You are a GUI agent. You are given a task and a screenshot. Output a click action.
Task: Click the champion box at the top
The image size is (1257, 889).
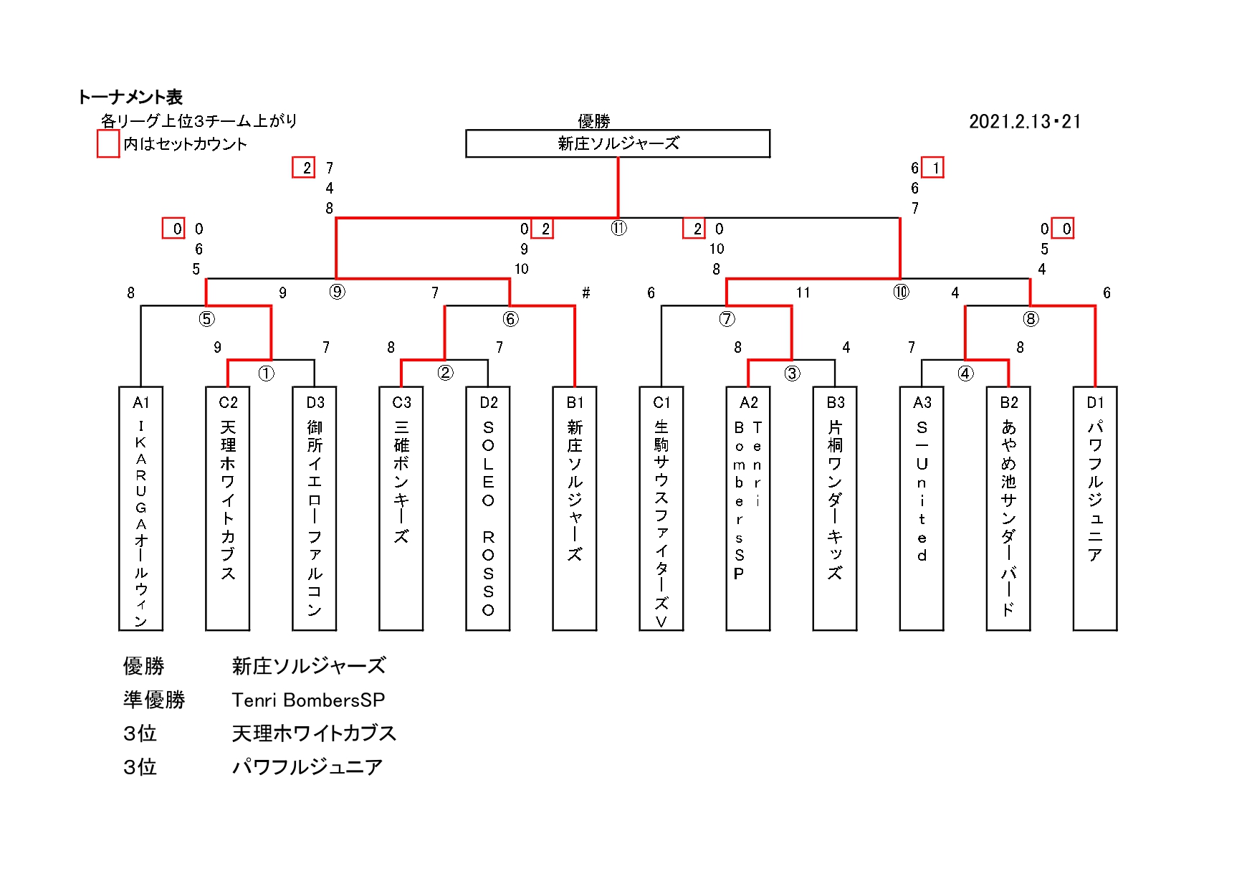click(618, 143)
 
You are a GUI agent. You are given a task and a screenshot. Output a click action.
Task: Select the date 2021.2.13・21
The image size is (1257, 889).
click(1024, 122)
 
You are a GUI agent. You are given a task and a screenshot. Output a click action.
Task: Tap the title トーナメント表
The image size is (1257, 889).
click(130, 97)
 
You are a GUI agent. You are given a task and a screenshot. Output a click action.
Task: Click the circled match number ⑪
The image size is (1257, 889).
click(618, 228)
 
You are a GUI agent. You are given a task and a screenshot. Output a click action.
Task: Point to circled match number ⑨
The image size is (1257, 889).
click(337, 292)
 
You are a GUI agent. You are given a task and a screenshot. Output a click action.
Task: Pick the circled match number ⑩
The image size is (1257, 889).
click(901, 292)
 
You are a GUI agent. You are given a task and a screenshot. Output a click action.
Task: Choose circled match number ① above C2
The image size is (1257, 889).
click(266, 374)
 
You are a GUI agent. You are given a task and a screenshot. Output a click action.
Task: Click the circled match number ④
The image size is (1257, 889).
click(965, 374)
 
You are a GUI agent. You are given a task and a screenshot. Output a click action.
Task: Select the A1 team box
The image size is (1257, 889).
click(140, 508)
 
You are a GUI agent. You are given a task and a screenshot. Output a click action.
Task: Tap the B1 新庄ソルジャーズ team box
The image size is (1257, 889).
click(575, 508)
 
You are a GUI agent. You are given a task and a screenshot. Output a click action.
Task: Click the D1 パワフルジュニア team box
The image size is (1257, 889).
click(1094, 508)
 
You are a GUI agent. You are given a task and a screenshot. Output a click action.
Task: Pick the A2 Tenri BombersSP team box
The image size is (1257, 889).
click(748, 508)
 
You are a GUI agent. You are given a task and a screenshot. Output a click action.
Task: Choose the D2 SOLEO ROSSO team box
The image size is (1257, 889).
click(488, 508)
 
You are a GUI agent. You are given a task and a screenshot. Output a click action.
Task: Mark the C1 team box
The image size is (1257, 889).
click(661, 508)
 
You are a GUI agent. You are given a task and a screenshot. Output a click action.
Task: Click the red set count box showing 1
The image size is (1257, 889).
click(932, 168)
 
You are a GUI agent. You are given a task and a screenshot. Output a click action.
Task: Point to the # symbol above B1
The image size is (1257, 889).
click(586, 293)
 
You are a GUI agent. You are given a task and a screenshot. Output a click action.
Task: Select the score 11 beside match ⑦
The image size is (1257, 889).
click(803, 293)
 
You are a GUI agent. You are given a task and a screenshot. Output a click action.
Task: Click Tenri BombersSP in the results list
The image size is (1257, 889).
click(308, 700)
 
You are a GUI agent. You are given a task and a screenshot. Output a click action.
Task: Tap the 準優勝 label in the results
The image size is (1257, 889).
click(154, 700)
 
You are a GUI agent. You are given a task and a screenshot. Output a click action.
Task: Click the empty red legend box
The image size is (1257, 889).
click(108, 143)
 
